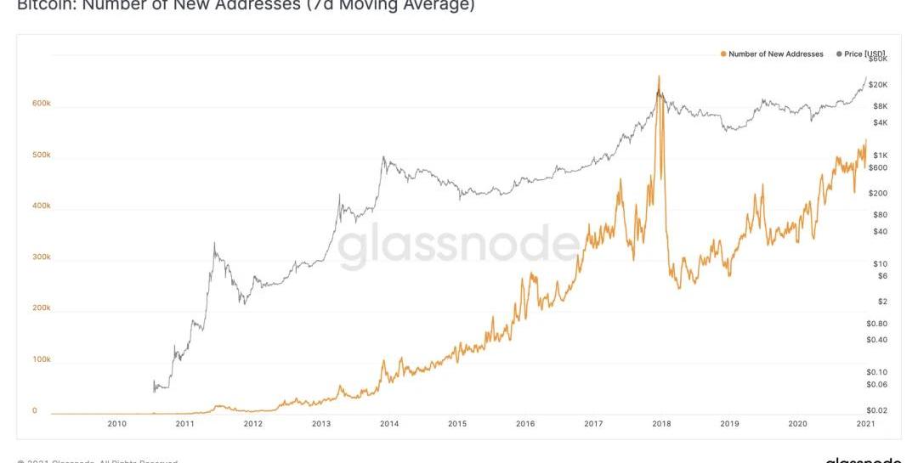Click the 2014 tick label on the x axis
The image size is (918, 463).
(389, 423)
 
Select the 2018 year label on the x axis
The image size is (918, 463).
(661, 423)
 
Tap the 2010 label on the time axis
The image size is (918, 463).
(117, 423)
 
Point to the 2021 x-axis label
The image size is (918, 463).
(865, 423)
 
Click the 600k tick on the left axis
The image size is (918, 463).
(42, 104)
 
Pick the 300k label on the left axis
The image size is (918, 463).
(42, 257)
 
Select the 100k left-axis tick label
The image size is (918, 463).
(42, 359)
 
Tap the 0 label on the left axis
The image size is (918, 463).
(35, 410)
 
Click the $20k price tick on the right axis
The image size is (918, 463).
(878, 85)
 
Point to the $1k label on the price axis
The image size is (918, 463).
(880, 155)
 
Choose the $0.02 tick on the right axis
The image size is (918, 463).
(876, 410)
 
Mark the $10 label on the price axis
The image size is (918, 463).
(881, 263)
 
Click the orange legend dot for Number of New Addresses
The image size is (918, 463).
(723, 54)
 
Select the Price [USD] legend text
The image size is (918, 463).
(864, 54)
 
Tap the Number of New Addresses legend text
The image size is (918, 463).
(776, 54)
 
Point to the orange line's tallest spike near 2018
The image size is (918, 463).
(659, 76)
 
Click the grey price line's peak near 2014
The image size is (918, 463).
(383, 157)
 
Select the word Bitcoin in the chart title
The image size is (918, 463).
(42, 5)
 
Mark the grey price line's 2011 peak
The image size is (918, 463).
(214, 244)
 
